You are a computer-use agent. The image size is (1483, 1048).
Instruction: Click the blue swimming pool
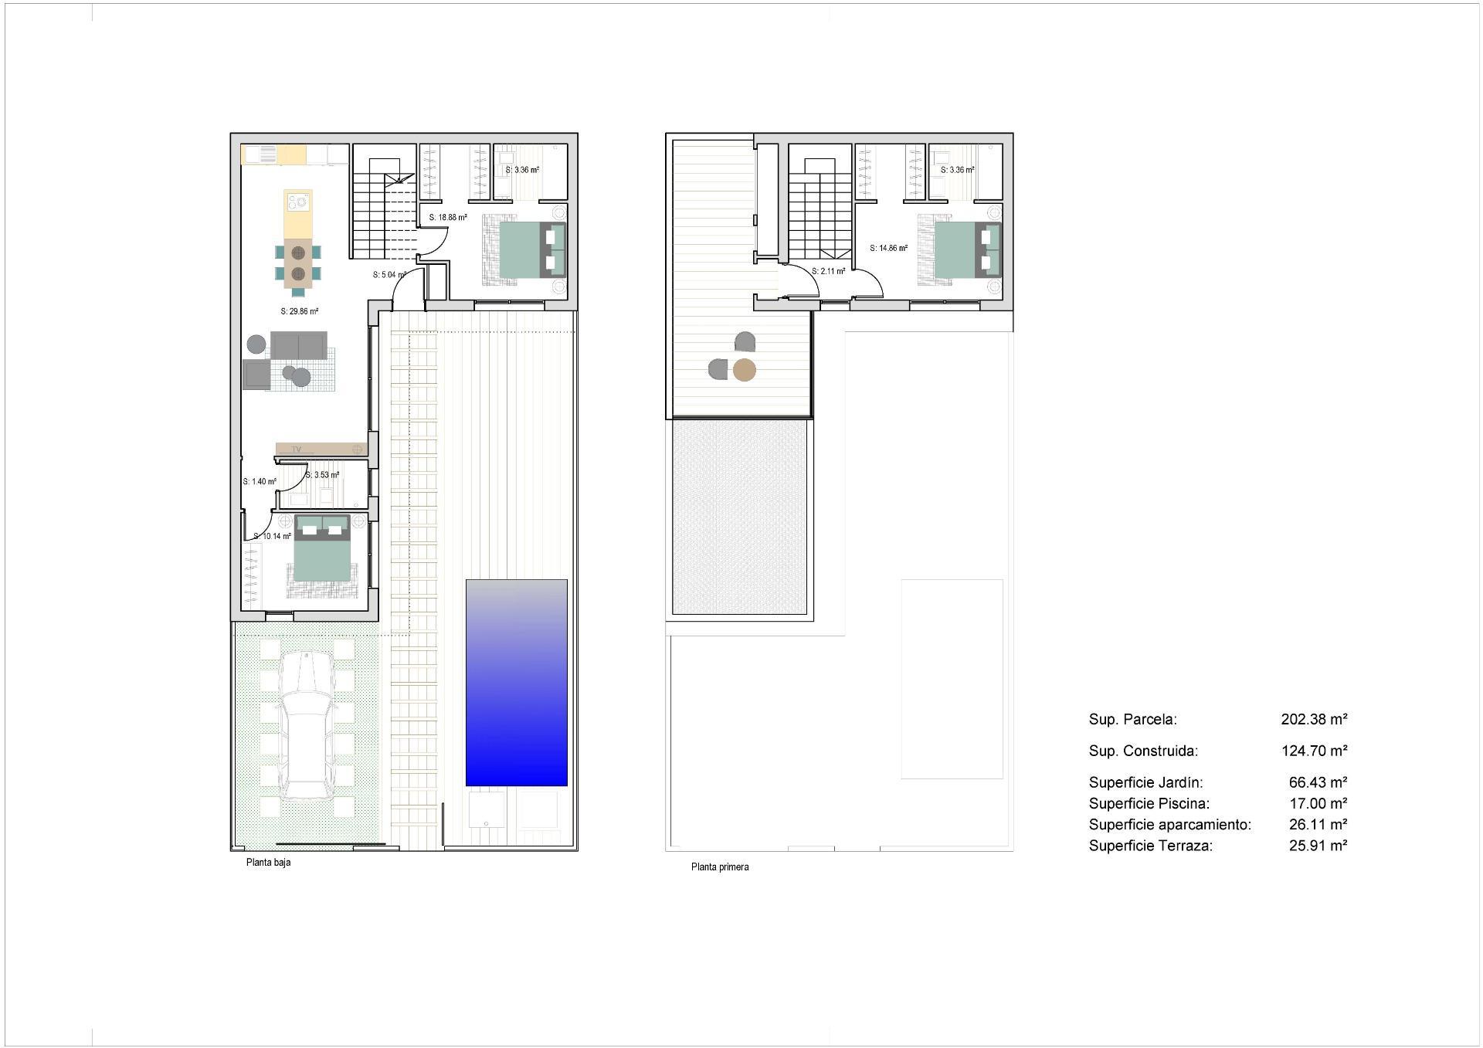pyautogui.click(x=516, y=683)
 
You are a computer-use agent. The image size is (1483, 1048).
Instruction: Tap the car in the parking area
pyautogui.click(x=307, y=725)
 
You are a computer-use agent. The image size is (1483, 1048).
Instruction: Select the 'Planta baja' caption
pyautogui.click(x=268, y=863)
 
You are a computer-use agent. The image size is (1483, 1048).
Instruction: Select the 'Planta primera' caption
pyautogui.click(x=719, y=867)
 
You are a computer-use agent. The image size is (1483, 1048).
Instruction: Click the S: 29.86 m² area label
pyautogui.click(x=300, y=312)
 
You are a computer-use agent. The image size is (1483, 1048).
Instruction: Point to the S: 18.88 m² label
pyautogui.click(x=448, y=218)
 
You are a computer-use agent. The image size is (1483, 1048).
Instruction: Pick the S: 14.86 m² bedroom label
pyautogui.click(x=888, y=249)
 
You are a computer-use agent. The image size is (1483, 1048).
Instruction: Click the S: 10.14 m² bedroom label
pyautogui.click(x=273, y=536)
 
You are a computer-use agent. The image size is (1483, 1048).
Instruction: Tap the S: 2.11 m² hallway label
pyautogui.click(x=828, y=271)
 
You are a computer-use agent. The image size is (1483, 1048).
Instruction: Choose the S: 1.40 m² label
pyautogui.click(x=260, y=482)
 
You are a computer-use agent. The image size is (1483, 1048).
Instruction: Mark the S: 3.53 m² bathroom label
pyautogui.click(x=322, y=475)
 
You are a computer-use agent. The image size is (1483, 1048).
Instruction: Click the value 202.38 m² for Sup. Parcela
pyautogui.click(x=1314, y=720)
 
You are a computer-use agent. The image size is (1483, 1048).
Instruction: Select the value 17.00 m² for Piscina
pyautogui.click(x=1318, y=804)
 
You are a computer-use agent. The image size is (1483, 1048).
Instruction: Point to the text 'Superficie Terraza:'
pyautogui.click(x=1150, y=846)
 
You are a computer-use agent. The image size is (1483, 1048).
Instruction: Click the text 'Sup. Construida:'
pyautogui.click(x=1143, y=751)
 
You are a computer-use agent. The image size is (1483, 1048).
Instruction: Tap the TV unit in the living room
pyautogui.click(x=321, y=449)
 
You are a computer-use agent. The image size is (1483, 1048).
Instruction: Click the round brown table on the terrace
pyautogui.click(x=744, y=371)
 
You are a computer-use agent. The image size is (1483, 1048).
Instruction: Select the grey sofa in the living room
pyautogui.click(x=298, y=345)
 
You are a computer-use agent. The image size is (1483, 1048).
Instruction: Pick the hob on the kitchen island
pyautogui.click(x=297, y=203)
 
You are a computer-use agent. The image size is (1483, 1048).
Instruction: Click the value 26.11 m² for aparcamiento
pyautogui.click(x=1318, y=825)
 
